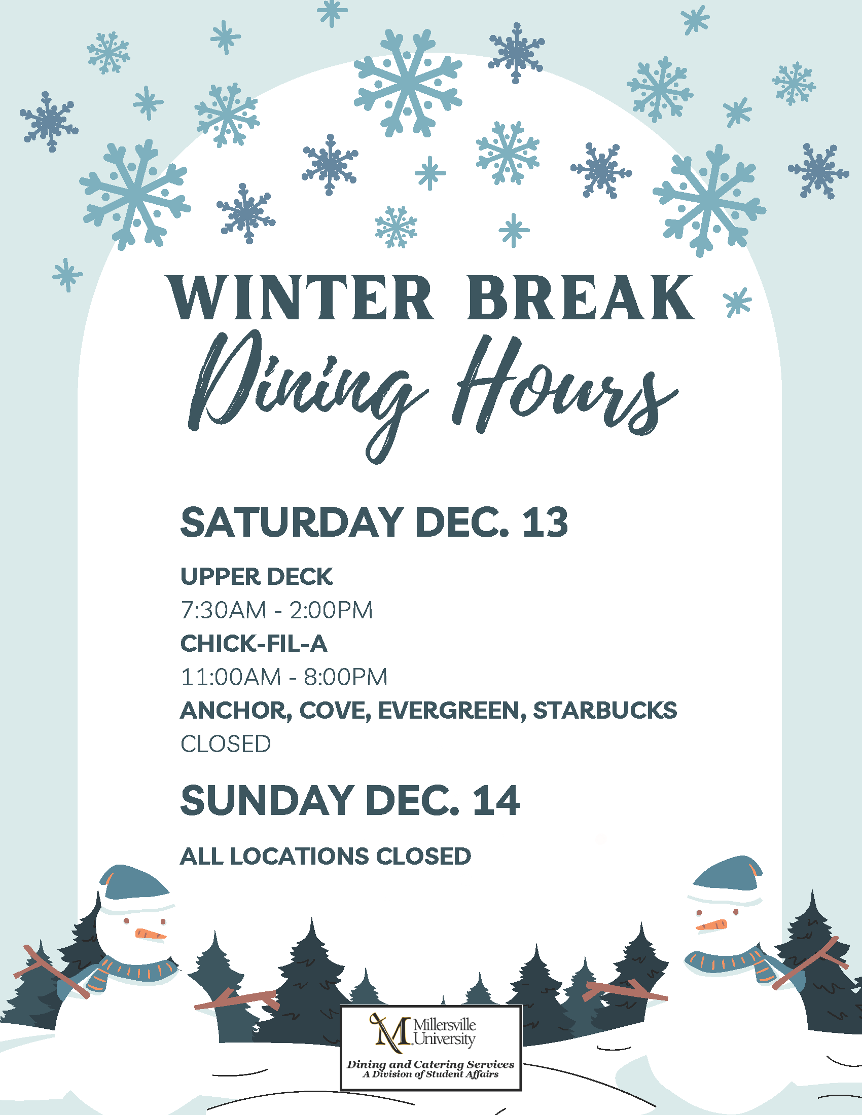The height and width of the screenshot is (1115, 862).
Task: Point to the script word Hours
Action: [564, 386]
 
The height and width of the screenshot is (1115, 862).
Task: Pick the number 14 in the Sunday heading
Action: [496, 800]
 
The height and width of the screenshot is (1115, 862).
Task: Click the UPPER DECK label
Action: [257, 576]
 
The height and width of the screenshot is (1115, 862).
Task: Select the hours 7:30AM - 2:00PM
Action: [277, 610]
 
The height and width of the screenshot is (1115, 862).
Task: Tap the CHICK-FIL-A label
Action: [254, 643]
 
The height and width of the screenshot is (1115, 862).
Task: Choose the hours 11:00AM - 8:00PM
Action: [284, 677]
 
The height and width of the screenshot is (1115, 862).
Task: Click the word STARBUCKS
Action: [605, 710]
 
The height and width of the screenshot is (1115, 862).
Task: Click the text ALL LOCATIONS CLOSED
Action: [326, 856]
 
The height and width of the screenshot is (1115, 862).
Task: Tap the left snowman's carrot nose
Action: [151, 934]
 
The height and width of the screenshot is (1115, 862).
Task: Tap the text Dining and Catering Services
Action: [430, 1064]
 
